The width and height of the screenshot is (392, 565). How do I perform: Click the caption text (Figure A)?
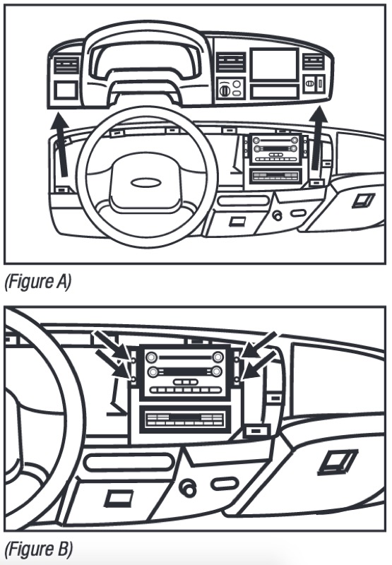(x=38, y=282)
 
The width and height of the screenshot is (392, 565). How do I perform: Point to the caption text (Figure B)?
(x=39, y=549)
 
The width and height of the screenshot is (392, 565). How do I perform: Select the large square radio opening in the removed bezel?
(x=274, y=65)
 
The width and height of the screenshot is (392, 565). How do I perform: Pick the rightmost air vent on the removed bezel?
(x=313, y=61)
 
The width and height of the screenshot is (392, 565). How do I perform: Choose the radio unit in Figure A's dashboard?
(x=276, y=150)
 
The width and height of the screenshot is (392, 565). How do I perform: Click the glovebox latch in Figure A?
(x=364, y=200)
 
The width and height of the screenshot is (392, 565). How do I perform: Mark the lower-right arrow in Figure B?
(x=258, y=367)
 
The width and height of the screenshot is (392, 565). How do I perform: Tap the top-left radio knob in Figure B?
(x=151, y=357)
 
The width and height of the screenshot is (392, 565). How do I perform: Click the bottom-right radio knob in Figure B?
(x=216, y=371)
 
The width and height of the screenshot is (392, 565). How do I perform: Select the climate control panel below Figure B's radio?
(x=185, y=420)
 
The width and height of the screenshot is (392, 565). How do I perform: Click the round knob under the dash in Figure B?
(x=188, y=489)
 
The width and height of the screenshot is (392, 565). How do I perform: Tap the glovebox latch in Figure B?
(x=338, y=462)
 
